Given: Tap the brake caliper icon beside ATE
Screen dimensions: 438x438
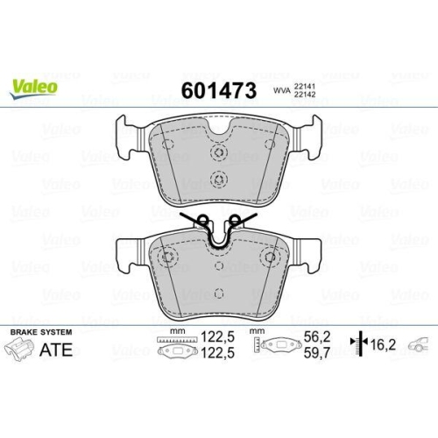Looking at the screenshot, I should tap(18, 350).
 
